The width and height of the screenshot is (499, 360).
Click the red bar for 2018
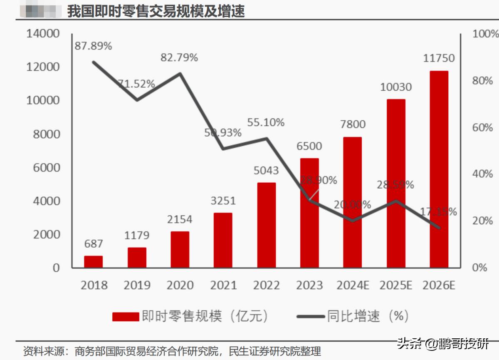pyautogui.click(x=93, y=262)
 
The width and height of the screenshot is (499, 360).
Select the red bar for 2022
pyautogui.click(x=267, y=225)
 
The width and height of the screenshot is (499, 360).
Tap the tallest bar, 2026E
pyautogui.click(x=439, y=169)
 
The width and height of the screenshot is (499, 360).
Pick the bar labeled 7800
pyautogui.click(x=353, y=202)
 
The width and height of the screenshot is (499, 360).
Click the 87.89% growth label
pyautogui.click(x=93, y=46)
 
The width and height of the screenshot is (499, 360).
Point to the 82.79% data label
pyautogui.click(x=179, y=58)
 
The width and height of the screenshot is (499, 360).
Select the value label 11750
pyautogui.click(x=439, y=58)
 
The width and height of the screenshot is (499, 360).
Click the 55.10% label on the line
pyautogui.click(x=266, y=122)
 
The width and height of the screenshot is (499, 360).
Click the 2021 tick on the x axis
pyautogui.click(x=223, y=286)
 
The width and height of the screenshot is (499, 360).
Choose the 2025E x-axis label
pyautogui.click(x=395, y=286)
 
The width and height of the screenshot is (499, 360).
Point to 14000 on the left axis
pyautogui.click(x=43, y=34)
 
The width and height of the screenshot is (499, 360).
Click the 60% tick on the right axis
pyautogui.click(x=482, y=128)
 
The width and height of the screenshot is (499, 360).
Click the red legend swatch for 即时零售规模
pyautogui.click(x=125, y=317)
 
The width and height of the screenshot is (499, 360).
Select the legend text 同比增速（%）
pyautogui.click(x=368, y=317)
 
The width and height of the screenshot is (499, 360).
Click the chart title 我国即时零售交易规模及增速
pyautogui.click(x=156, y=11)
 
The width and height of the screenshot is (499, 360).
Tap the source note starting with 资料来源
pyautogui.click(x=172, y=351)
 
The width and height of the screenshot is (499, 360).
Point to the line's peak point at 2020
pyautogui.click(x=180, y=74)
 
